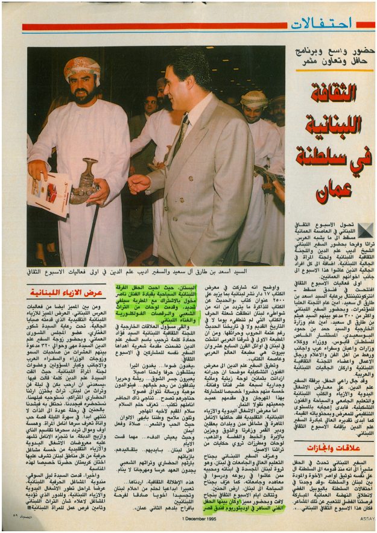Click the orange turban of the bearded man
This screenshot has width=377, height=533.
(x=83, y=68)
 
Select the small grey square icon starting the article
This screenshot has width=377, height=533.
(x=366, y=230)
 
